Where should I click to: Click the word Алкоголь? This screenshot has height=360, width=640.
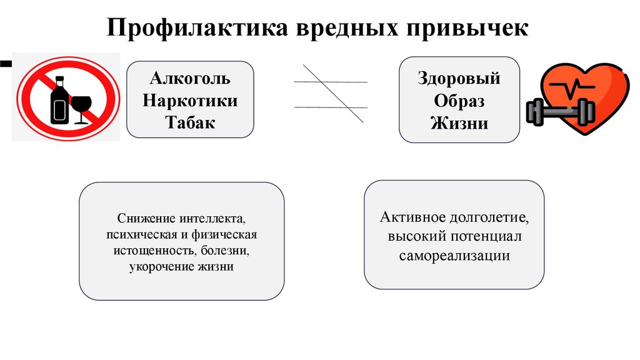pos(190,79)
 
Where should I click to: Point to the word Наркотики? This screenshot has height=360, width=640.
pos(190,101)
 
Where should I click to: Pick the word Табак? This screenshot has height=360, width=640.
pos(190,122)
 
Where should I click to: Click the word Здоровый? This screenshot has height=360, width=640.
pos(459,79)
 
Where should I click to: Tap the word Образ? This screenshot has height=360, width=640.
pos(459,101)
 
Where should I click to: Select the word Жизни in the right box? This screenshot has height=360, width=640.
pos(459,122)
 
